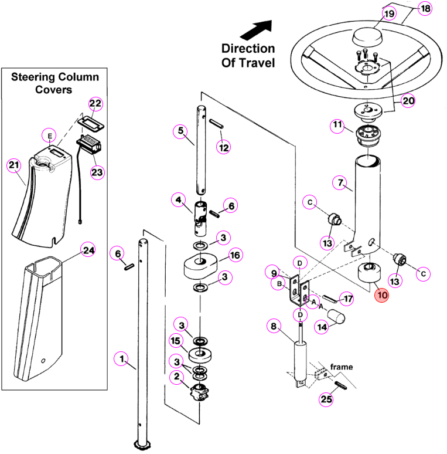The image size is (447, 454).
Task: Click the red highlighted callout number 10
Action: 381,295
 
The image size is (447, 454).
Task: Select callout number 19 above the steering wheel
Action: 389,13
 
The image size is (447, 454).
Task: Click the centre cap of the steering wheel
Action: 367,37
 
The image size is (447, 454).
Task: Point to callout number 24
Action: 88,250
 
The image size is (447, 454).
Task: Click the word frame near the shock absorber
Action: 342,367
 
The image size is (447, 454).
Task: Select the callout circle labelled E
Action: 50,136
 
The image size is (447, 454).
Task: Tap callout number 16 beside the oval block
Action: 235,255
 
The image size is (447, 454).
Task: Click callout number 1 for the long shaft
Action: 121,359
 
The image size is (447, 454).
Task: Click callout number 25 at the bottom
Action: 326,399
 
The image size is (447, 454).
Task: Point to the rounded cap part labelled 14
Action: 336,317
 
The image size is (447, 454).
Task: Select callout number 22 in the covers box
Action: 95,104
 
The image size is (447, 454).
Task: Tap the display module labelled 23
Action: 88,144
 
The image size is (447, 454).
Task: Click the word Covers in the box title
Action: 53,90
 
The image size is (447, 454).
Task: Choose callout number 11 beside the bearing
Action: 337,125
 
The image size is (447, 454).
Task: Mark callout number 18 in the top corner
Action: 425,8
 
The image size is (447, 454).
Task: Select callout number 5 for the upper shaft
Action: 180,131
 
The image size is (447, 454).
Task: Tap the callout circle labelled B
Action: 279,284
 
